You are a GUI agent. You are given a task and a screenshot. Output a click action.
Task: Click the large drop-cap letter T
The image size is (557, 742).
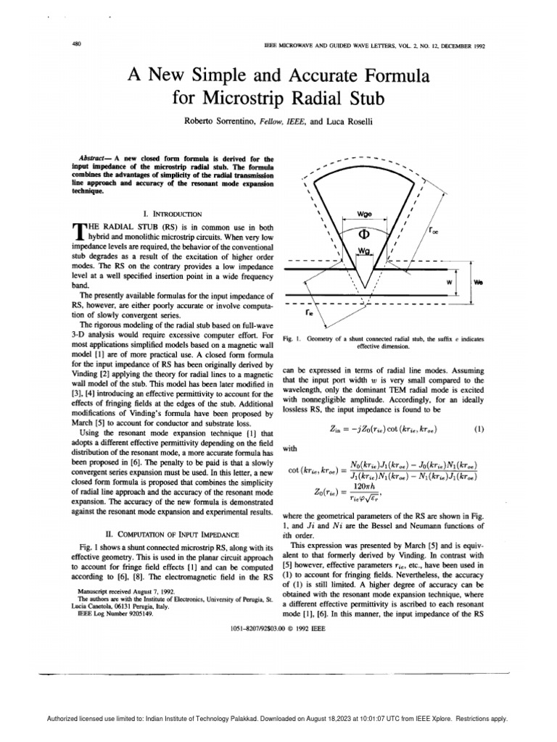point(80,232)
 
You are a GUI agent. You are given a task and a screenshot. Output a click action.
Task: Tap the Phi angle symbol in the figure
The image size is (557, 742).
point(365,234)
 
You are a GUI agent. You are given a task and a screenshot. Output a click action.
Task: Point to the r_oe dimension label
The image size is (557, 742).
point(434,233)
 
